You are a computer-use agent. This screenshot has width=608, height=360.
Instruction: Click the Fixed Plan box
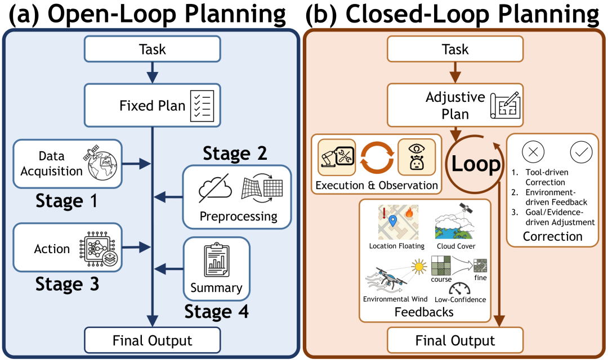coord(152,105)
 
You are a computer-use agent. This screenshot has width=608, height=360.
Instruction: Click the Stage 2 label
coord(235,153)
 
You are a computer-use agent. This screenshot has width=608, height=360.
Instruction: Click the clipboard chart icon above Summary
coord(216,261)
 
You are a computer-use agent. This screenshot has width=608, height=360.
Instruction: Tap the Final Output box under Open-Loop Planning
coord(152,340)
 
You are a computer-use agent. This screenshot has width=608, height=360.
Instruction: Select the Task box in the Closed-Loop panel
coord(454,49)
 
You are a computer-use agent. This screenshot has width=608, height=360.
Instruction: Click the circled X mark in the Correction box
coord(533,152)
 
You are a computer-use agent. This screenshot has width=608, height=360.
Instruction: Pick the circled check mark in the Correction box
coord(580,152)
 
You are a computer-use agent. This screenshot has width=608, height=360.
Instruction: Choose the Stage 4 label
coord(216,311)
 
